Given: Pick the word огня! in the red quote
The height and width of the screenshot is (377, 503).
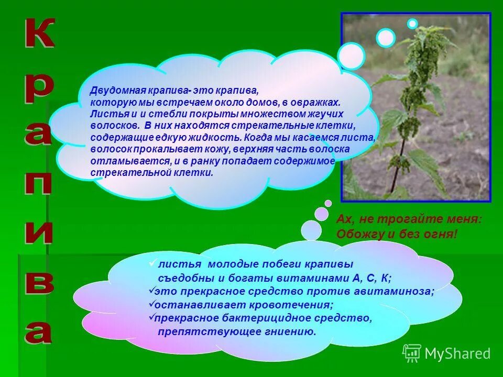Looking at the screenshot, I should (x=440, y=234).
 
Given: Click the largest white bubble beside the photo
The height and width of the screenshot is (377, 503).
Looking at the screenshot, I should (x=351, y=56).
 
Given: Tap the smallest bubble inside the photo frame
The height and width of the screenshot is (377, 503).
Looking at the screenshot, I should (x=412, y=24).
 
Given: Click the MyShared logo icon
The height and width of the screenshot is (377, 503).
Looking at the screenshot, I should (x=412, y=353).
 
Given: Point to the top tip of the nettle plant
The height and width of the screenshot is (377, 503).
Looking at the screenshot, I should (x=422, y=29).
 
